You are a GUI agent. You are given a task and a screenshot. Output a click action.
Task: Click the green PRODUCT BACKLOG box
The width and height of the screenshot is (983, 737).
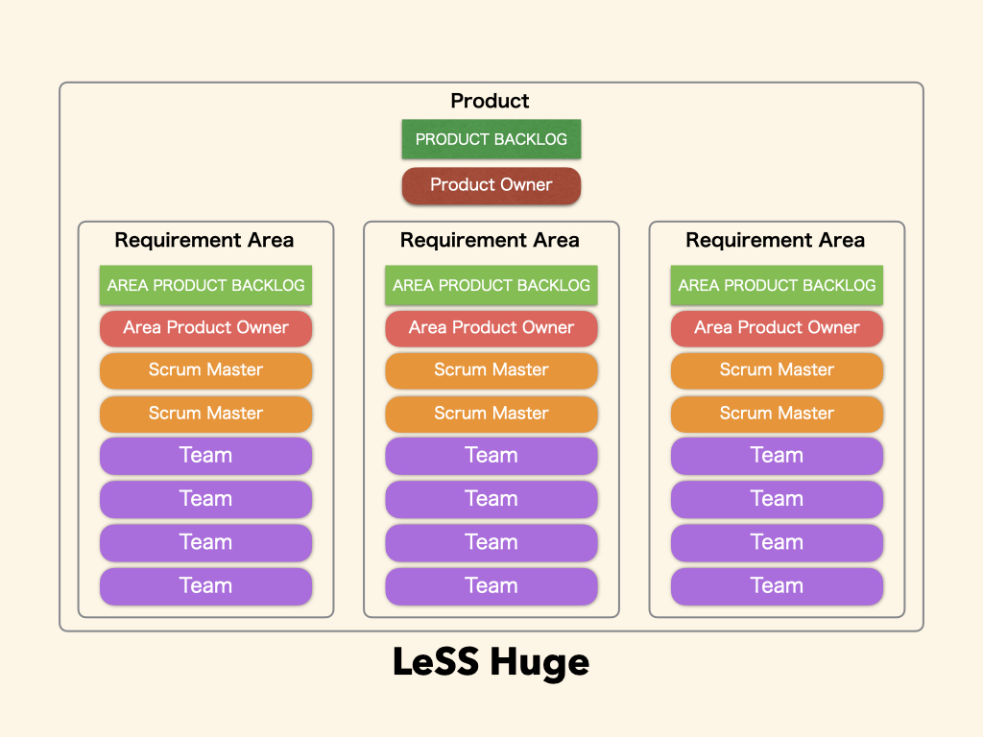point(491,139)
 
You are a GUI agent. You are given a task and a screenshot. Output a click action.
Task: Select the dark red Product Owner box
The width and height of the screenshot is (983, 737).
point(491,185)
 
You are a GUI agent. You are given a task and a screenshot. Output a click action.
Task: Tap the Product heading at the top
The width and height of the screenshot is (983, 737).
point(490,101)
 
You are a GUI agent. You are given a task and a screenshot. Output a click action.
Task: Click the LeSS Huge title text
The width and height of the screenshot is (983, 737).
point(491,663)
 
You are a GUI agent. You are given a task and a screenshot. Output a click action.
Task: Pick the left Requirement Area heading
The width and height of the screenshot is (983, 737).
point(204,240)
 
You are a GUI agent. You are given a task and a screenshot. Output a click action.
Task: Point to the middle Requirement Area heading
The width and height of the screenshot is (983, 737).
point(490,240)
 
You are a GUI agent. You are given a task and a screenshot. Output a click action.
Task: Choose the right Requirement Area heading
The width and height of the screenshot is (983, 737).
point(776,240)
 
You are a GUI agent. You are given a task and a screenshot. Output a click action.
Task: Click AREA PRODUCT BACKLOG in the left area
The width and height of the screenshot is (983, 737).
point(205,285)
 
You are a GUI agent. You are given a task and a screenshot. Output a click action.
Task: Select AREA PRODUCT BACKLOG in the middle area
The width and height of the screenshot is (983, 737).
point(491,285)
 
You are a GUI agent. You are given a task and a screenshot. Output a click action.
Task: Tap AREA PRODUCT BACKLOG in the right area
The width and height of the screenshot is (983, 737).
point(777,285)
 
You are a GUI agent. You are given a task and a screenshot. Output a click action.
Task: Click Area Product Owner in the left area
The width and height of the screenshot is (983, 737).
point(205,328)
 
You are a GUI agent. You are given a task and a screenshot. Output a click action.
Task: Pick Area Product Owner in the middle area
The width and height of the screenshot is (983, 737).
point(491,328)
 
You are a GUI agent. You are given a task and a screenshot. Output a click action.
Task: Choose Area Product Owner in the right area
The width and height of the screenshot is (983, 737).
point(777,328)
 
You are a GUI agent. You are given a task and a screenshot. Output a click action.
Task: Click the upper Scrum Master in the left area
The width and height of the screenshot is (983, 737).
point(205,370)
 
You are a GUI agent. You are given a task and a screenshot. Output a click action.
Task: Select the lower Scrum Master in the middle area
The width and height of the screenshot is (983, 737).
point(491,414)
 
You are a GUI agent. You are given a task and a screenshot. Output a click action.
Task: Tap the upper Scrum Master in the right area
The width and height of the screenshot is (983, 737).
point(777,370)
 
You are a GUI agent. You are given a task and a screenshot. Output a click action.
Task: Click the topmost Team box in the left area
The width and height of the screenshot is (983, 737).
point(205,456)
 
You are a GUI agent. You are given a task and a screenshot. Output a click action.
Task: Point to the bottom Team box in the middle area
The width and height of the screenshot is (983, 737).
point(491,586)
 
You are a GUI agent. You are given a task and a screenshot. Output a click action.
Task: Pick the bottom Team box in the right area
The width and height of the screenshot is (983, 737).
point(777,586)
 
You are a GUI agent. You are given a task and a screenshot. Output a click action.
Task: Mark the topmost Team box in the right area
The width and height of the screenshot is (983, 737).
point(777,456)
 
